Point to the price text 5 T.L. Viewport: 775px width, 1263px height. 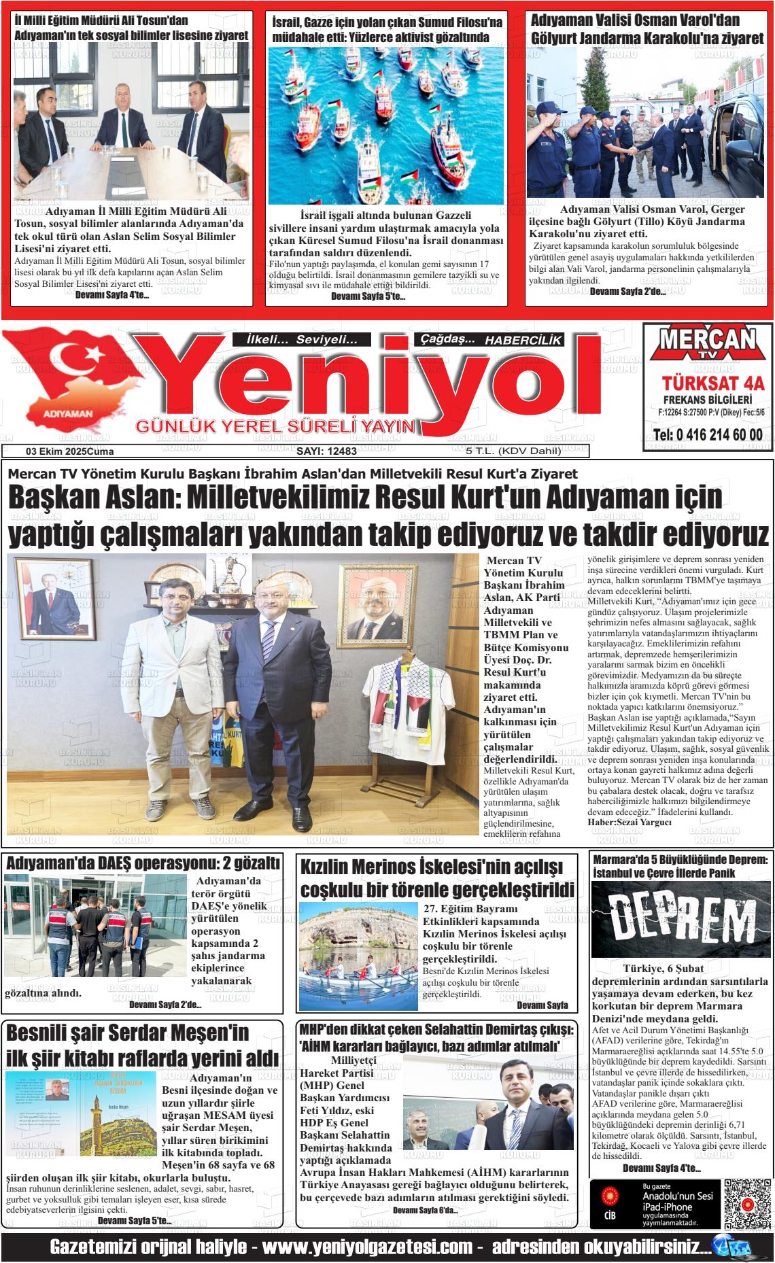[479, 451]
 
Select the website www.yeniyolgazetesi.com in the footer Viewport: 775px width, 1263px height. [367, 1247]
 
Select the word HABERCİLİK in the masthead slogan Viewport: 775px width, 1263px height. [523, 339]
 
